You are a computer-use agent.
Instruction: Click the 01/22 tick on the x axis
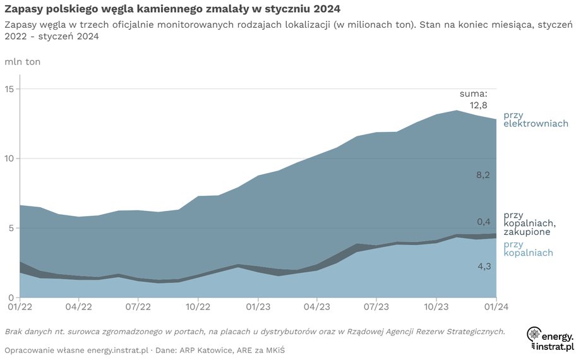pyautogui.click(x=20, y=306)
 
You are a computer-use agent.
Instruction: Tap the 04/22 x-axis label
pyautogui.click(x=80, y=306)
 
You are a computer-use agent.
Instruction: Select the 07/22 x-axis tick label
pyautogui.click(x=139, y=306)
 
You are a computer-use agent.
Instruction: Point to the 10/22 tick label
pyautogui.click(x=198, y=306)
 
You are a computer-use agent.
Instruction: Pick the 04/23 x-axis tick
pyautogui.click(x=317, y=306)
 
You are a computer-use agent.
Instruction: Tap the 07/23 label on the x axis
pyautogui.click(x=376, y=306)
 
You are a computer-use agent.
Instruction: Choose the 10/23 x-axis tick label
pyautogui.click(x=436, y=306)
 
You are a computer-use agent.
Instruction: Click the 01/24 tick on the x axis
pyautogui.click(x=495, y=306)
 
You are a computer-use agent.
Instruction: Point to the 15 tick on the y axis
pyautogui.click(x=9, y=89)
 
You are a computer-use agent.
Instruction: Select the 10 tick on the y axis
pyautogui.click(x=9, y=159)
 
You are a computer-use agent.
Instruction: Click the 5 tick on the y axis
pyautogui.click(x=12, y=228)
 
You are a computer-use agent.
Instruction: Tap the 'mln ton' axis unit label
pyautogui.click(x=22, y=62)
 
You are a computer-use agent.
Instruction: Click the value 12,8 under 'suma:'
pyautogui.click(x=478, y=105)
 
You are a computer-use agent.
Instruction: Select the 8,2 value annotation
pyautogui.click(x=483, y=174)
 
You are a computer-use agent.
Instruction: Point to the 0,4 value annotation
pyautogui.click(x=483, y=222)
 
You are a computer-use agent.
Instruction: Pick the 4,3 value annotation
pyautogui.click(x=483, y=267)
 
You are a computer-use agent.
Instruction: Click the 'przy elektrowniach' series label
pyautogui.click(x=536, y=119)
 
